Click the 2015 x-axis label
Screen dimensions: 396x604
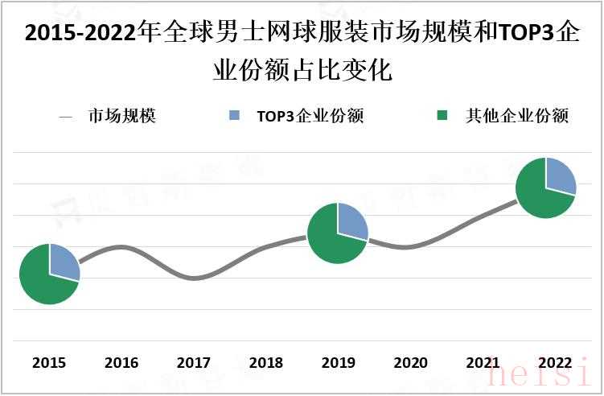point(49,363)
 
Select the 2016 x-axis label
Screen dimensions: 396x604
point(121,363)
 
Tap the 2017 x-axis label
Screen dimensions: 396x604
point(194,363)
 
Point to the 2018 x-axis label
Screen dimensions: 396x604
point(266,363)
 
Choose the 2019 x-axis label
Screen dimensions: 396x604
point(338,363)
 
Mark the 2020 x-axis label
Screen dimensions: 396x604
point(410,363)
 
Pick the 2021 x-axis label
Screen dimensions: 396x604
point(483,363)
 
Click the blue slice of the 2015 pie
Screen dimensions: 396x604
point(62,262)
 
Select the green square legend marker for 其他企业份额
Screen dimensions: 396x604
point(442,116)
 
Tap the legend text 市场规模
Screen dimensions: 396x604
point(122,116)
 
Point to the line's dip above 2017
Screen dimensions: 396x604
point(194,278)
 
